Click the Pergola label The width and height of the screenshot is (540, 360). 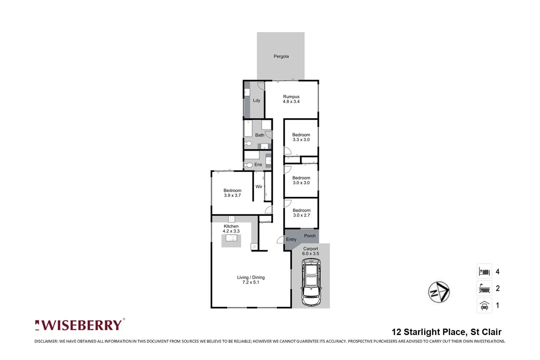281,56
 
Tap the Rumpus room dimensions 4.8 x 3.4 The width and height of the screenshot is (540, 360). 291,102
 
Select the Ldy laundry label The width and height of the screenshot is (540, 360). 256,100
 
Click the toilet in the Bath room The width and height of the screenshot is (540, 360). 248,144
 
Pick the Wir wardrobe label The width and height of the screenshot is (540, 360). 259,187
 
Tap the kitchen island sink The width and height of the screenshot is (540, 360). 231,238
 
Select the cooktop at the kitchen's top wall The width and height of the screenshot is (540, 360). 231,219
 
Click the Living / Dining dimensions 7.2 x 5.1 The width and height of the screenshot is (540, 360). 251,282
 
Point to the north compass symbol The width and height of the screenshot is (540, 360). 439,292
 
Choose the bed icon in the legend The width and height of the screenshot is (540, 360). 484,271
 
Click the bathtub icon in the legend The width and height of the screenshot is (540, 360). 484,288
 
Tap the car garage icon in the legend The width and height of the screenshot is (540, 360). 484,305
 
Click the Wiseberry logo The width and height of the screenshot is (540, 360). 80,325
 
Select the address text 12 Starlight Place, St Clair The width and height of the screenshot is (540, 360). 446,332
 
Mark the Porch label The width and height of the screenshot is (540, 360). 310,236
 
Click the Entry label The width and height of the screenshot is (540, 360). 291,239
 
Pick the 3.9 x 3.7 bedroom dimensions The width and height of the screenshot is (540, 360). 232,196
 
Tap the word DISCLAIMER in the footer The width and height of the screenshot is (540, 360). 46,341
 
